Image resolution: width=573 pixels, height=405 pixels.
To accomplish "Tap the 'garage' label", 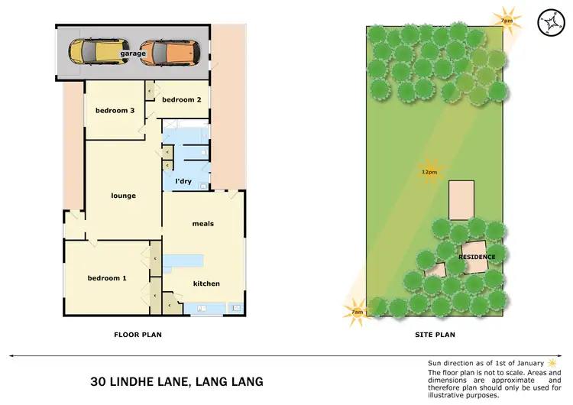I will [132, 54].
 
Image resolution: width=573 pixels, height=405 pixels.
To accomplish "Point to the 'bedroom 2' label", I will [182, 99].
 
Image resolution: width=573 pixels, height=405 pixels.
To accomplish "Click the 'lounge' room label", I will [123, 196].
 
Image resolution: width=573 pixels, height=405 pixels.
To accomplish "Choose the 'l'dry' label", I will [183, 181].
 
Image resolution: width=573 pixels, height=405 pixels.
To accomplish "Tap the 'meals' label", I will [202, 224].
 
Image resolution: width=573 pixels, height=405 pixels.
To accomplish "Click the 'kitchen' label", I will [206, 283].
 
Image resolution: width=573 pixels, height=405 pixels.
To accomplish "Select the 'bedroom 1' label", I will [106, 278].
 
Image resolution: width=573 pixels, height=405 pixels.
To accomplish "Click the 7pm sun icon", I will [506, 19].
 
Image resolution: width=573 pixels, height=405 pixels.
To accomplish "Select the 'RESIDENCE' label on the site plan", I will [477, 257].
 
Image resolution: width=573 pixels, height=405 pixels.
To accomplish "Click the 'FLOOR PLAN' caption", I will [138, 335].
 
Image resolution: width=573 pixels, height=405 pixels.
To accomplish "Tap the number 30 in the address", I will [99, 381].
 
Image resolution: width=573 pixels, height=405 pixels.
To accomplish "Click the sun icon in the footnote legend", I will [551, 361].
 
